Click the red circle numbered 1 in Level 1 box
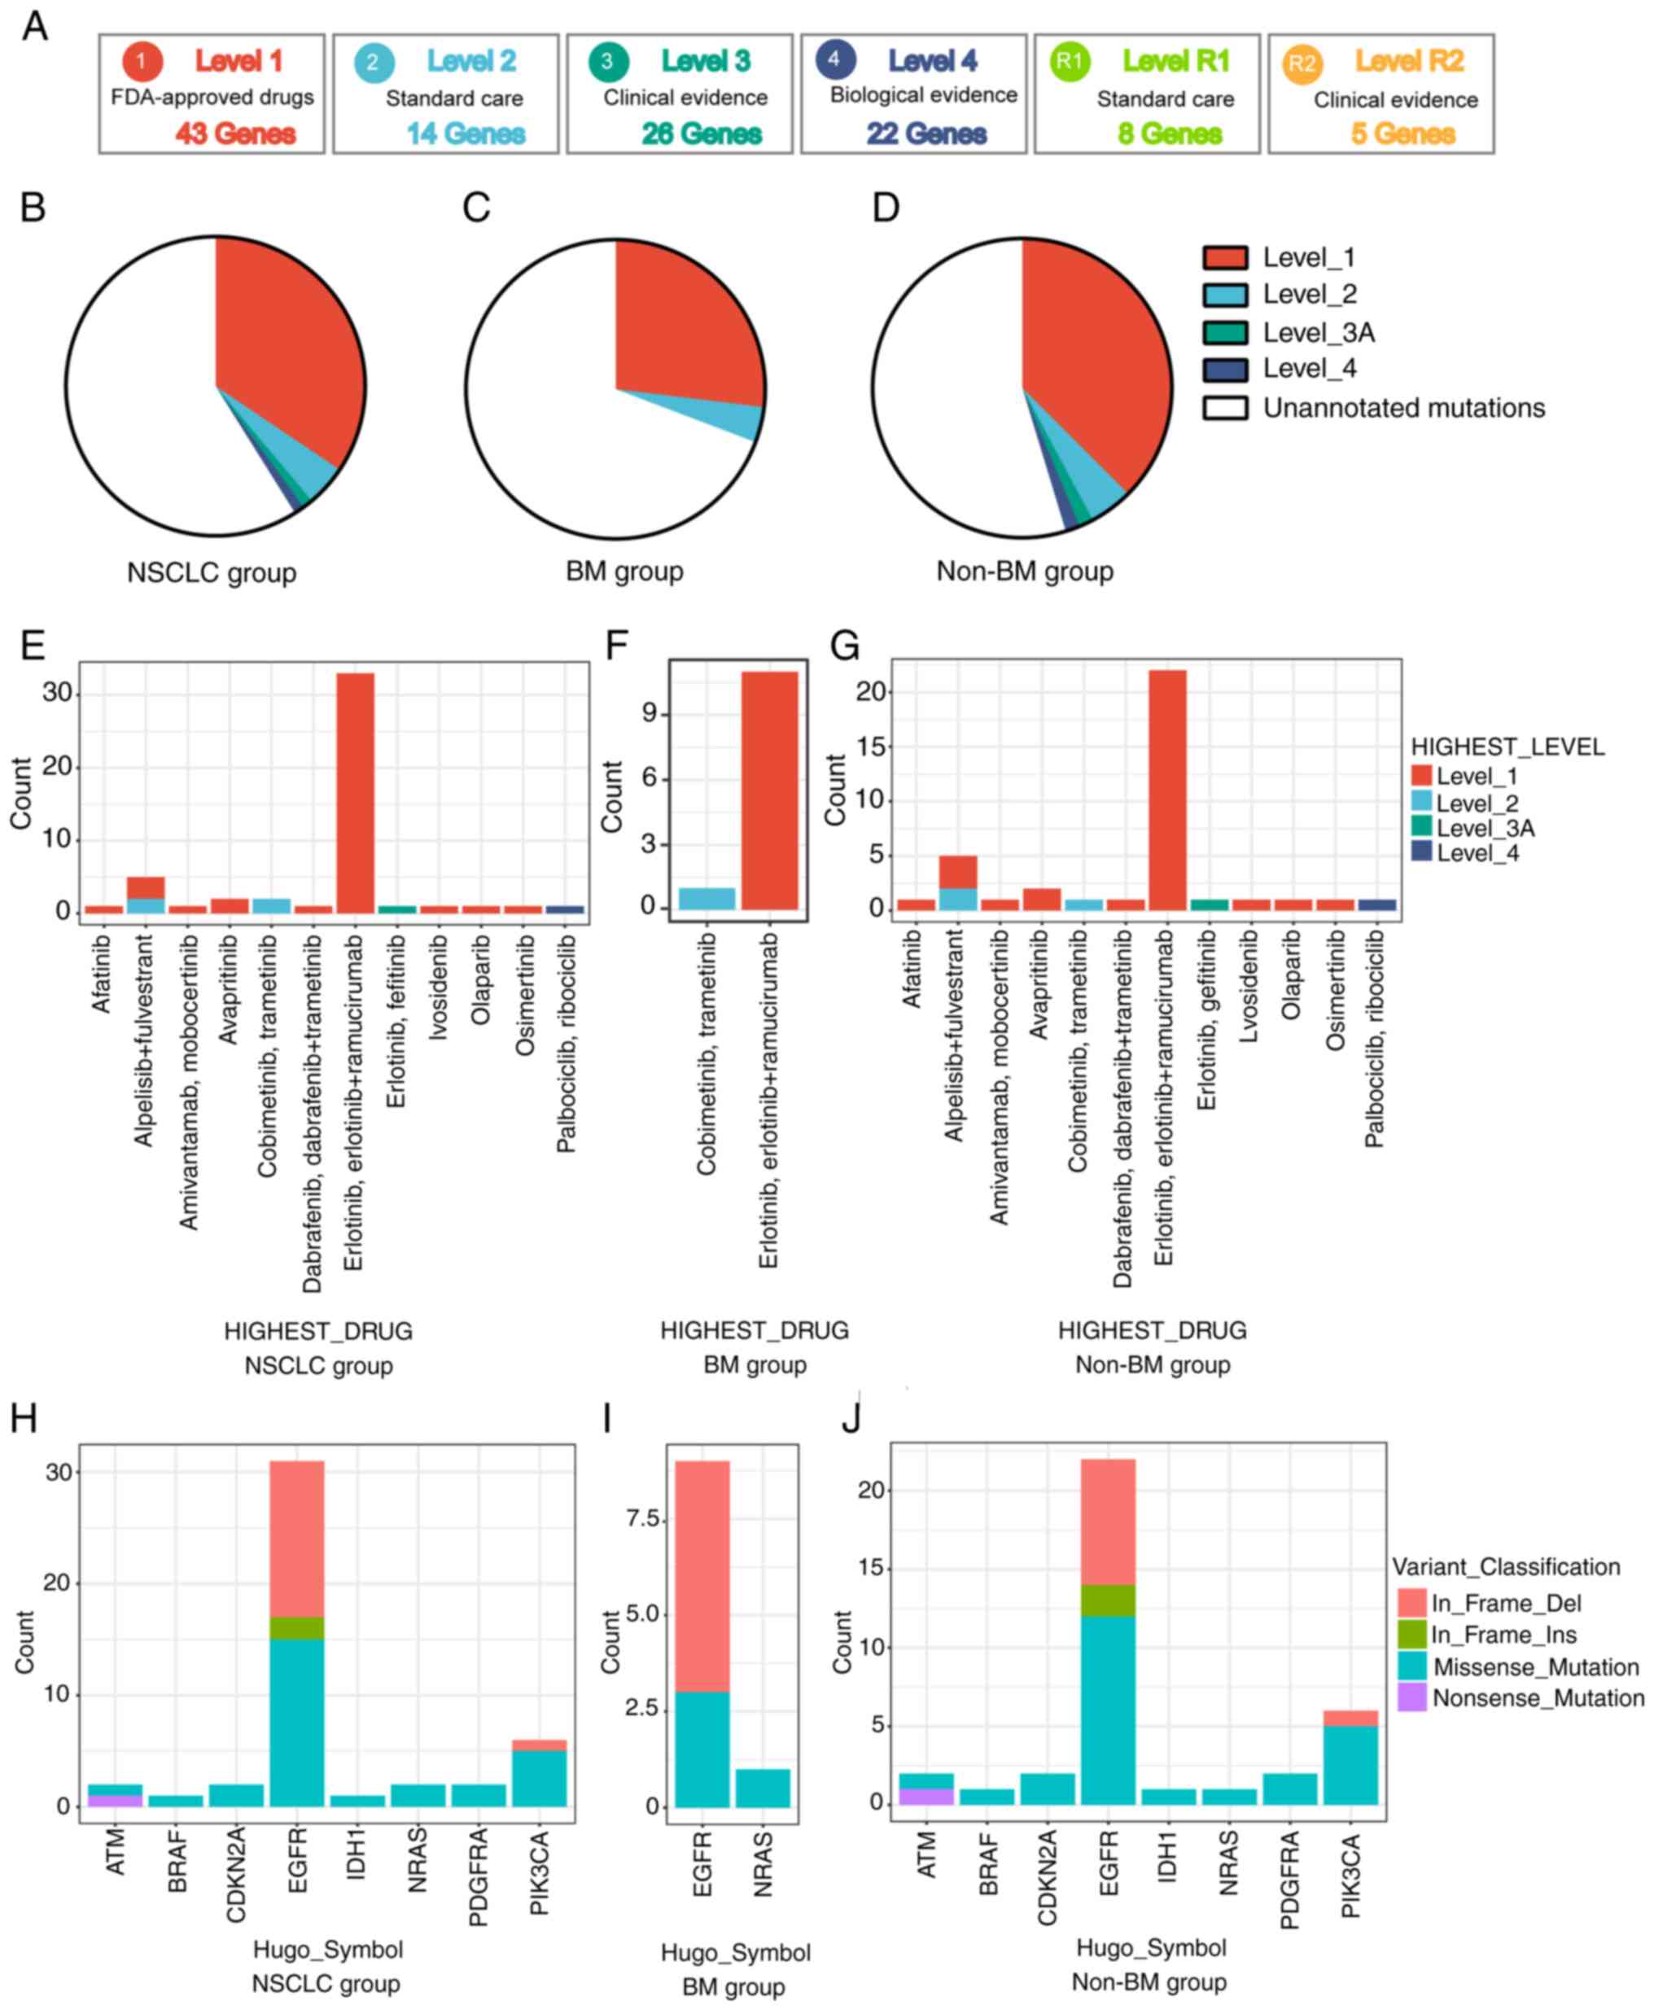[141, 62]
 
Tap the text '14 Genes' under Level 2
[466, 134]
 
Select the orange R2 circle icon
[1302, 63]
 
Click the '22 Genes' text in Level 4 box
[926, 134]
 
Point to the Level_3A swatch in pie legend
[1225, 333]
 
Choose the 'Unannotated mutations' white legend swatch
[1225, 408]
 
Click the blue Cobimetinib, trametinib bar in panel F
[706, 898]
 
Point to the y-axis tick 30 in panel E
[56, 693]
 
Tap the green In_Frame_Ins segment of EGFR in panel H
[297, 1628]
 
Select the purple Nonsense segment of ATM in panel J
[925, 1797]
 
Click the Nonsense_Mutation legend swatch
[1411, 1697]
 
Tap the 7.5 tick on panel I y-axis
[643, 1519]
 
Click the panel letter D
[886, 208]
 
